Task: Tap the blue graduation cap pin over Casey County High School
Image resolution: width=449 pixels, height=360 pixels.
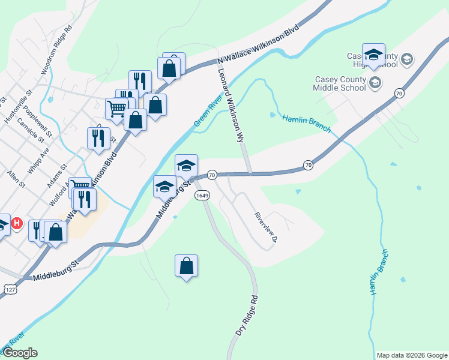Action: tap(373, 54)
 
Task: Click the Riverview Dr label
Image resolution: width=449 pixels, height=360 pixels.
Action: tap(265, 227)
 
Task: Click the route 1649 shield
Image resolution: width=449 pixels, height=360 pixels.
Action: tap(201, 196)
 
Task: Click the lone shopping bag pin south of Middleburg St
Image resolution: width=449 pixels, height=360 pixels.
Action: tap(186, 266)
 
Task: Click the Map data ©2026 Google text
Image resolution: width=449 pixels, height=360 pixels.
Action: tap(411, 355)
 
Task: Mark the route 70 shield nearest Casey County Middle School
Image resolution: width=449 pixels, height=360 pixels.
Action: tap(399, 92)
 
